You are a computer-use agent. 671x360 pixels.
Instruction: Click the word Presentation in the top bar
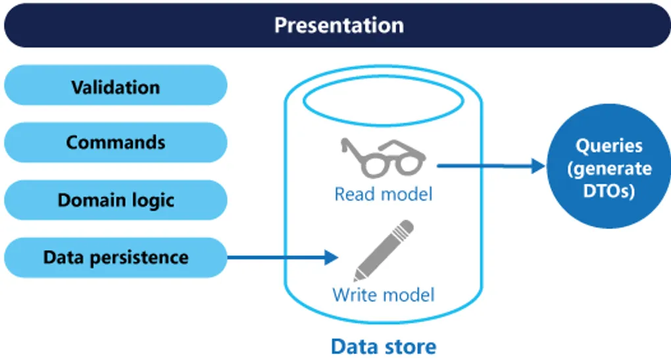point(338,25)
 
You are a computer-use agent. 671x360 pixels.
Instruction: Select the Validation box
point(115,86)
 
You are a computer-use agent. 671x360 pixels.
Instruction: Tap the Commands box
point(115,142)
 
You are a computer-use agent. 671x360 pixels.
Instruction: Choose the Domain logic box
point(115,199)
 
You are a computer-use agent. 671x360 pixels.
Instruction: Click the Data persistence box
point(115,257)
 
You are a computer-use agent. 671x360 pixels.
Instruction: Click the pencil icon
point(383,250)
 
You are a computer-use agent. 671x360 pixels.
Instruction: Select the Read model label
point(383,194)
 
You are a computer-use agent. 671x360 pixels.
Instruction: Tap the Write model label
point(383,294)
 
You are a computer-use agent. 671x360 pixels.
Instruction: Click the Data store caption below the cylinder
point(383,346)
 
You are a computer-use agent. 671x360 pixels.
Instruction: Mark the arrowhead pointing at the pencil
point(332,257)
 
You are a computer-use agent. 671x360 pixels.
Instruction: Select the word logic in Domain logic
point(153,200)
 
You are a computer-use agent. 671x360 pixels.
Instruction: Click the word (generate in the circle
point(609,169)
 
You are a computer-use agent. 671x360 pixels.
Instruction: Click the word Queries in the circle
point(609,145)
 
